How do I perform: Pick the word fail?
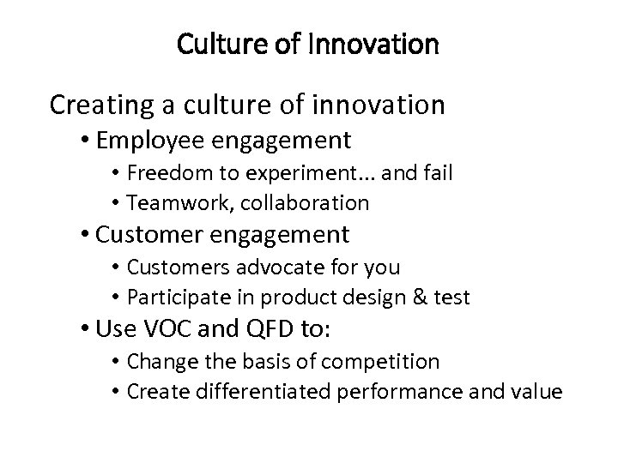tap(436, 173)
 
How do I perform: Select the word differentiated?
tap(257, 392)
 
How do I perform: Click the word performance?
tap(399, 392)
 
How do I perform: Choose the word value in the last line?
tap(537, 392)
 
